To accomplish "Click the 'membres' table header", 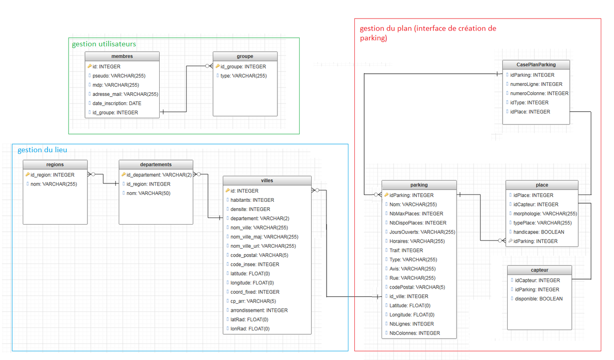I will [x=122, y=56].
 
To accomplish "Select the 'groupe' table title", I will [x=245, y=56].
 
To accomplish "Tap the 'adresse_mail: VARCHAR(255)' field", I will [x=125, y=94].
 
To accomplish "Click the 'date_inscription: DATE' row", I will [x=117, y=103].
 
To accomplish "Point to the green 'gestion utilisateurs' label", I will [x=104, y=44].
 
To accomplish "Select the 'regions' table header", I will [x=55, y=165].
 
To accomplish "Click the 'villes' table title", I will [x=267, y=180].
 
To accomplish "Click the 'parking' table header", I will [x=419, y=185].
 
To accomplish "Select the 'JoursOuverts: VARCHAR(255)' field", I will [x=422, y=232].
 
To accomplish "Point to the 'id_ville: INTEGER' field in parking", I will [x=409, y=296].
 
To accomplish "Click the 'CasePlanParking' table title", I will [x=536, y=65].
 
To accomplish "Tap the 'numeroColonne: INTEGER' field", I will [x=539, y=93].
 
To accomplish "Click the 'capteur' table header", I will [x=539, y=270].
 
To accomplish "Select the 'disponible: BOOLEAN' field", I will [x=539, y=299].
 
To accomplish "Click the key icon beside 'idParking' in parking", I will [x=387, y=195].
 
